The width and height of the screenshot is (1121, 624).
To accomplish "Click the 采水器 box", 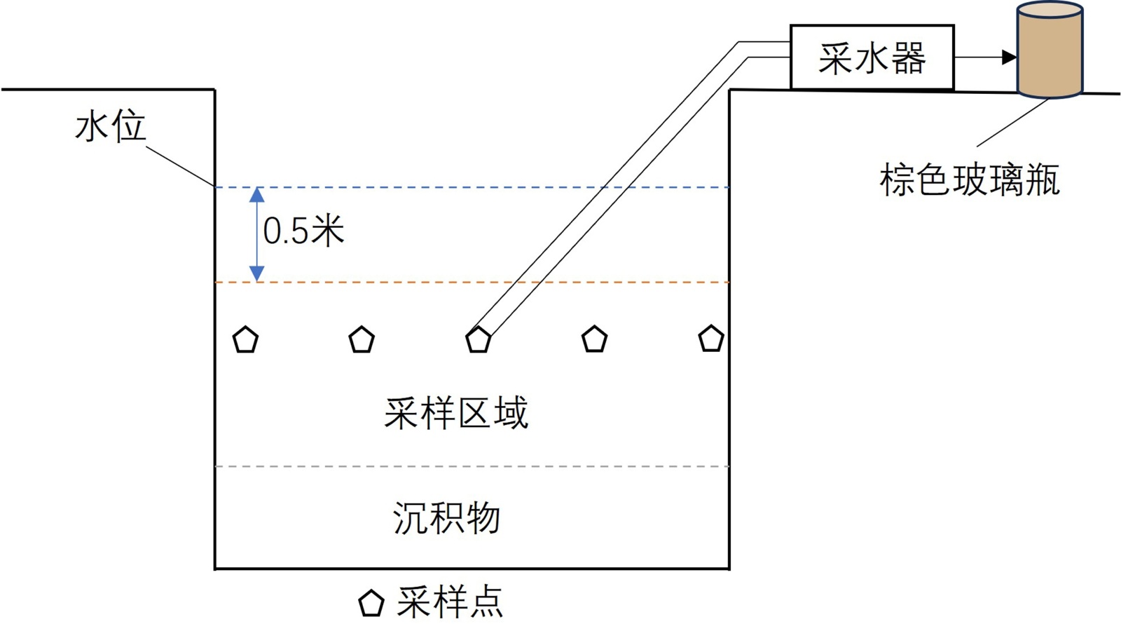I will click(x=872, y=57).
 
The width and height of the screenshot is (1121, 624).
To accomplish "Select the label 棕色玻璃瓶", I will click(x=970, y=180).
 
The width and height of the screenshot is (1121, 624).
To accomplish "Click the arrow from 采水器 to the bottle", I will click(x=984, y=57).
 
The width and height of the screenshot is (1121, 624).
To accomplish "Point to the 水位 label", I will click(x=110, y=128).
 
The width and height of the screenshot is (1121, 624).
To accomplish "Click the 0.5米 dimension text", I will click(x=303, y=231).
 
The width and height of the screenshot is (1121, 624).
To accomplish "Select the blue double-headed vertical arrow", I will click(x=257, y=234).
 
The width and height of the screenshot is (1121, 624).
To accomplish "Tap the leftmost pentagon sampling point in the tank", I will click(x=245, y=340).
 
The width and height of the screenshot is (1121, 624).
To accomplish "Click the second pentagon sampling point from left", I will click(x=362, y=340).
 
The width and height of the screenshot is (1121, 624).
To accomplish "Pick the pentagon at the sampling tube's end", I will click(x=478, y=340).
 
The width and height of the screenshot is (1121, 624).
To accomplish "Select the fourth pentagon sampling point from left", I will click(x=594, y=339).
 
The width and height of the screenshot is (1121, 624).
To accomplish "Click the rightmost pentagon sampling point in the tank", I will click(x=710, y=339).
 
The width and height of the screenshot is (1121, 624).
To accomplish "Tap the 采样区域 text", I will click(x=456, y=412).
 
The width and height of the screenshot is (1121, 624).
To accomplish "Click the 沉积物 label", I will click(x=446, y=518).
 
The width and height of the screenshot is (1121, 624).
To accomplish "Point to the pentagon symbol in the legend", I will click(x=371, y=603).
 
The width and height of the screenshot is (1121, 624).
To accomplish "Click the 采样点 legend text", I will click(x=450, y=602).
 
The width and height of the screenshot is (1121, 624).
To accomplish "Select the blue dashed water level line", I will click(x=420, y=188).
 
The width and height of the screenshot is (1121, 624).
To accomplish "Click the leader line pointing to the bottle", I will click(x=1012, y=123).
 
